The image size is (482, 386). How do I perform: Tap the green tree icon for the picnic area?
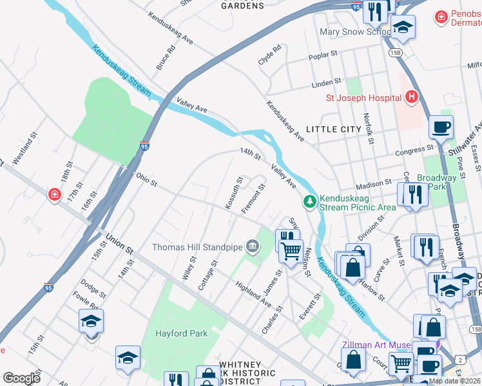pos(311,202)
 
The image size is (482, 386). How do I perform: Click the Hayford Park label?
pos(181,333)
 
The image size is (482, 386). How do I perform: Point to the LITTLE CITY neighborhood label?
pos(333,129)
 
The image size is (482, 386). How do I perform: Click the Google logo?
pos(21,378)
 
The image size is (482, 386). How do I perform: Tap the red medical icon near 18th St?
pos(56,194)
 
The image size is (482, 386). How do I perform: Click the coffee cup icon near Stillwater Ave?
pos(441,127)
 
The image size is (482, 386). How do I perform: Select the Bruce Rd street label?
pos(166,58)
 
